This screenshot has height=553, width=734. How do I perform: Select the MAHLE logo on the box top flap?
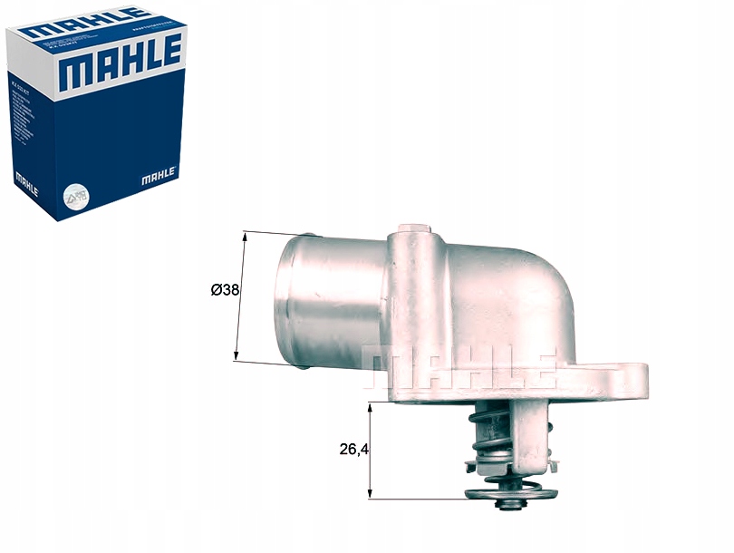(86, 21)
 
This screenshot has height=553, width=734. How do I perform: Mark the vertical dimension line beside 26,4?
(370, 451)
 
